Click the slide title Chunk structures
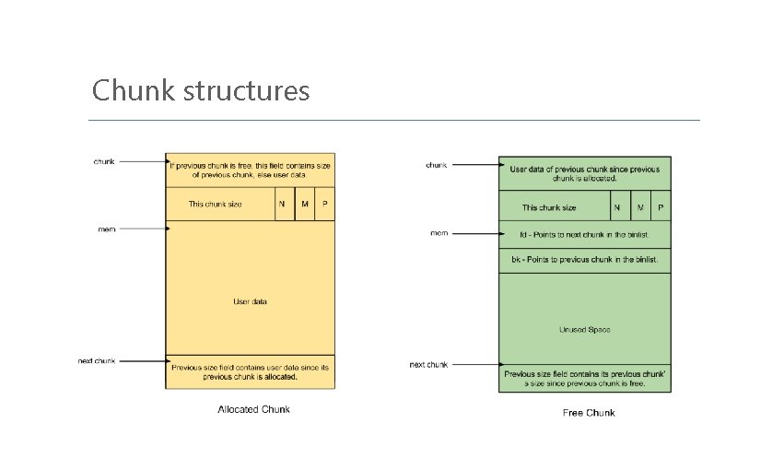(x=201, y=91)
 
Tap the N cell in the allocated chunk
(x=286, y=204)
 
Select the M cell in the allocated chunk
(x=305, y=204)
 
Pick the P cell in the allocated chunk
(x=324, y=204)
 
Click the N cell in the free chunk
(x=617, y=207)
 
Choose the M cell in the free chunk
(x=639, y=207)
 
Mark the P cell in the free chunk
(x=661, y=207)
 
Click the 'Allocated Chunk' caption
(x=253, y=409)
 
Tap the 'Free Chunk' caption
(x=589, y=412)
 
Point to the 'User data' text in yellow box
(x=250, y=301)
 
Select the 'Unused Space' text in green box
(x=585, y=329)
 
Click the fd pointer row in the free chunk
(x=585, y=234)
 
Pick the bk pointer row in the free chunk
(x=585, y=261)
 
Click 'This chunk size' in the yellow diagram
(x=216, y=204)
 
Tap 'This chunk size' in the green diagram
(x=549, y=207)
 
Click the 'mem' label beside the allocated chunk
(x=107, y=229)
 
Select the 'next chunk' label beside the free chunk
(x=428, y=365)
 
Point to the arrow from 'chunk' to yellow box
(x=142, y=162)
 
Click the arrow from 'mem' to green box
(x=474, y=234)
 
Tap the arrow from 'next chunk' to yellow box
(x=142, y=361)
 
